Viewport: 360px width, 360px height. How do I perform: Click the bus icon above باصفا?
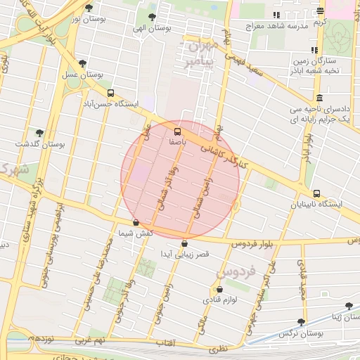pyautogui.click(x=176, y=131)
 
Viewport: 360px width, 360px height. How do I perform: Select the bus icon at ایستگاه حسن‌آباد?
pyautogui.click(x=110, y=93)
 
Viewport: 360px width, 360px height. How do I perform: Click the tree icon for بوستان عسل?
pyautogui.click(x=83, y=63)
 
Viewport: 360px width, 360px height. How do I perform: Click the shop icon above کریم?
pyautogui.click(x=321, y=11)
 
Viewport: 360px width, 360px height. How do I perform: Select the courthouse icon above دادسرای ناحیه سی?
pyautogui.click(x=320, y=98)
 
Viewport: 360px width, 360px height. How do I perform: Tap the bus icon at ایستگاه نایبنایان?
pyautogui.click(x=316, y=193)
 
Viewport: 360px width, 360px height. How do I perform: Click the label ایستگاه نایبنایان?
pyautogui.click(x=320, y=205)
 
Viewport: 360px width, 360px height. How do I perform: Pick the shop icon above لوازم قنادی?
pyautogui.click(x=221, y=289)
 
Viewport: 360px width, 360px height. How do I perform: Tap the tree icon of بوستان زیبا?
pyautogui.click(x=349, y=306)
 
